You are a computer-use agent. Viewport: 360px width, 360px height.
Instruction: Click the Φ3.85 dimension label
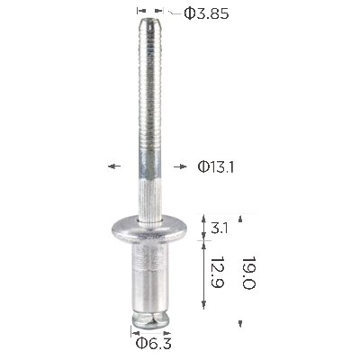pyautogui.click(x=206, y=13)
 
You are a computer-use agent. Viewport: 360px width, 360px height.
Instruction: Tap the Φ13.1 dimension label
pyautogui.click(x=216, y=167)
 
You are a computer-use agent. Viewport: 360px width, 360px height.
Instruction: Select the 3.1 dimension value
pyautogui.click(x=220, y=229)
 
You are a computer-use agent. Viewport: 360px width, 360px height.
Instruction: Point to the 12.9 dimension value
pyautogui.click(x=218, y=272)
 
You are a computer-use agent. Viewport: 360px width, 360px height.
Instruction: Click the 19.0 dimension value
pyautogui.click(x=248, y=273)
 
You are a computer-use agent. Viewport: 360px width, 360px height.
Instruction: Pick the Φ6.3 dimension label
pyautogui.click(x=154, y=343)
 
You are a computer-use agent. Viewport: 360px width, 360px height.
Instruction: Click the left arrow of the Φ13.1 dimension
pyautogui.click(x=114, y=166)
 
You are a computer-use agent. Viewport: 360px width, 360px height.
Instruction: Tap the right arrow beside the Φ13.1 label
pyautogui.click(x=180, y=166)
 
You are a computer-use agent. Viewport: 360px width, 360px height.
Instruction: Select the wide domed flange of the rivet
pyautogui.click(x=149, y=229)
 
